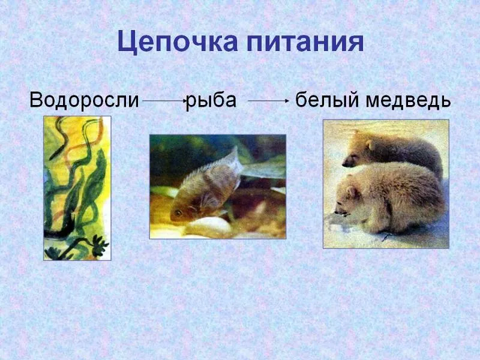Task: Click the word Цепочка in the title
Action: tap(178, 42)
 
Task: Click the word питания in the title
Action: tap(305, 41)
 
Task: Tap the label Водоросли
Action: tap(84, 100)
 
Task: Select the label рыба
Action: tap(211, 101)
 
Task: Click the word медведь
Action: tap(409, 101)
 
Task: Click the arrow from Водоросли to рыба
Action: tap(164, 100)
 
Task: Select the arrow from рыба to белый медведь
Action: tap(268, 100)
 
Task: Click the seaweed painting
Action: tap(77, 188)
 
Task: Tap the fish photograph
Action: tap(218, 187)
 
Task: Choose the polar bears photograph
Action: tap(386, 184)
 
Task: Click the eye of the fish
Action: tap(178, 212)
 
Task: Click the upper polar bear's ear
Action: tap(370, 145)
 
